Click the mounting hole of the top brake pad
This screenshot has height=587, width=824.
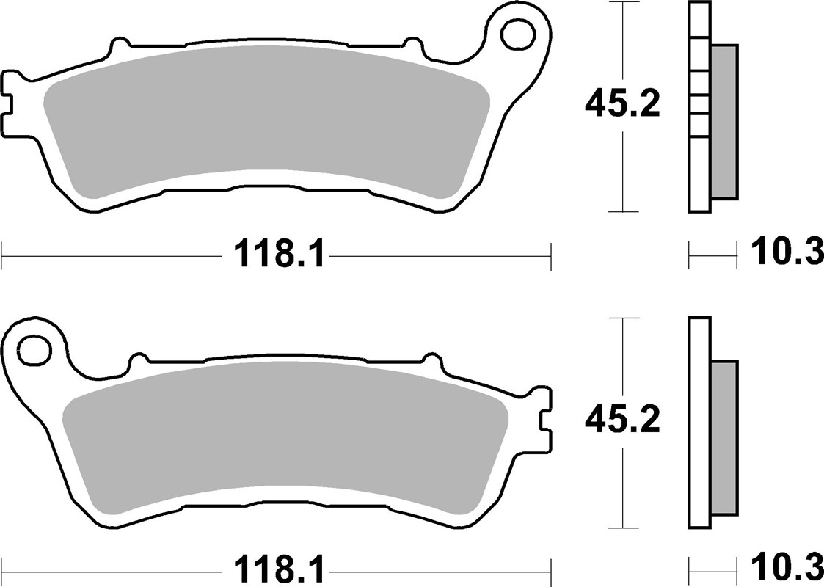[519, 32]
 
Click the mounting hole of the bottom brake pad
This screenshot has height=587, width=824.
[33, 349]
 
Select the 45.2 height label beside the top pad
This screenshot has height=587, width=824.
[622, 104]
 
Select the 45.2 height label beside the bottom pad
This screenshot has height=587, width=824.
[622, 420]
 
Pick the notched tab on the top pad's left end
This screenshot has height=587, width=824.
[10, 102]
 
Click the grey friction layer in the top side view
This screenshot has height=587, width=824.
[724, 121]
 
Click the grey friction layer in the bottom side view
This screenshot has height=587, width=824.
[725, 437]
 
